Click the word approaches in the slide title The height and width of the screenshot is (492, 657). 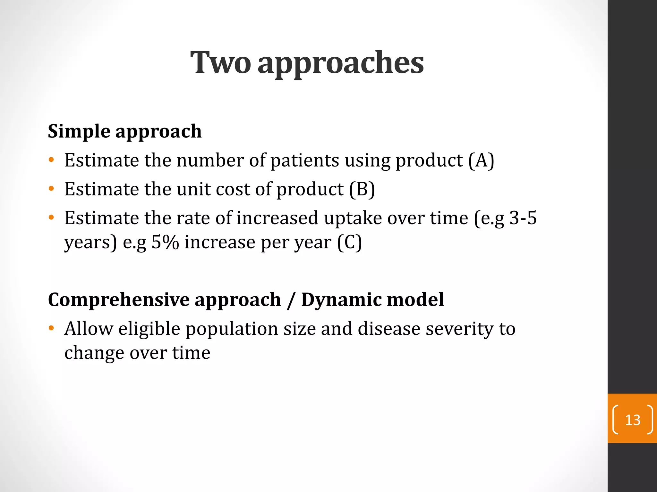[x=341, y=63]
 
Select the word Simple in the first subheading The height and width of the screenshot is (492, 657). [x=79, y=132]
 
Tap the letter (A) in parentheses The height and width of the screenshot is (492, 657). [x=481, y=160]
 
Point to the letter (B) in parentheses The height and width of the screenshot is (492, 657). [x=362, y=189]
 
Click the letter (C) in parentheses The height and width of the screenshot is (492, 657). [x=349, y=242]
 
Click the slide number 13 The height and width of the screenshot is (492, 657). [x=633, y=420]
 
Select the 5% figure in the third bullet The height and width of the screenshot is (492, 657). [x=165, y=242]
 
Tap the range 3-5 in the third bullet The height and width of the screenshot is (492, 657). [x=523, y=218]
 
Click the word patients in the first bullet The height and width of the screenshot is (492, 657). [x=305, y=160]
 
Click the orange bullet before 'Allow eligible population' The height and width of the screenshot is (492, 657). [x=51, y=329]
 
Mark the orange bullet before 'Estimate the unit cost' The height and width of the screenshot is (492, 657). [x=51, y=189]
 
